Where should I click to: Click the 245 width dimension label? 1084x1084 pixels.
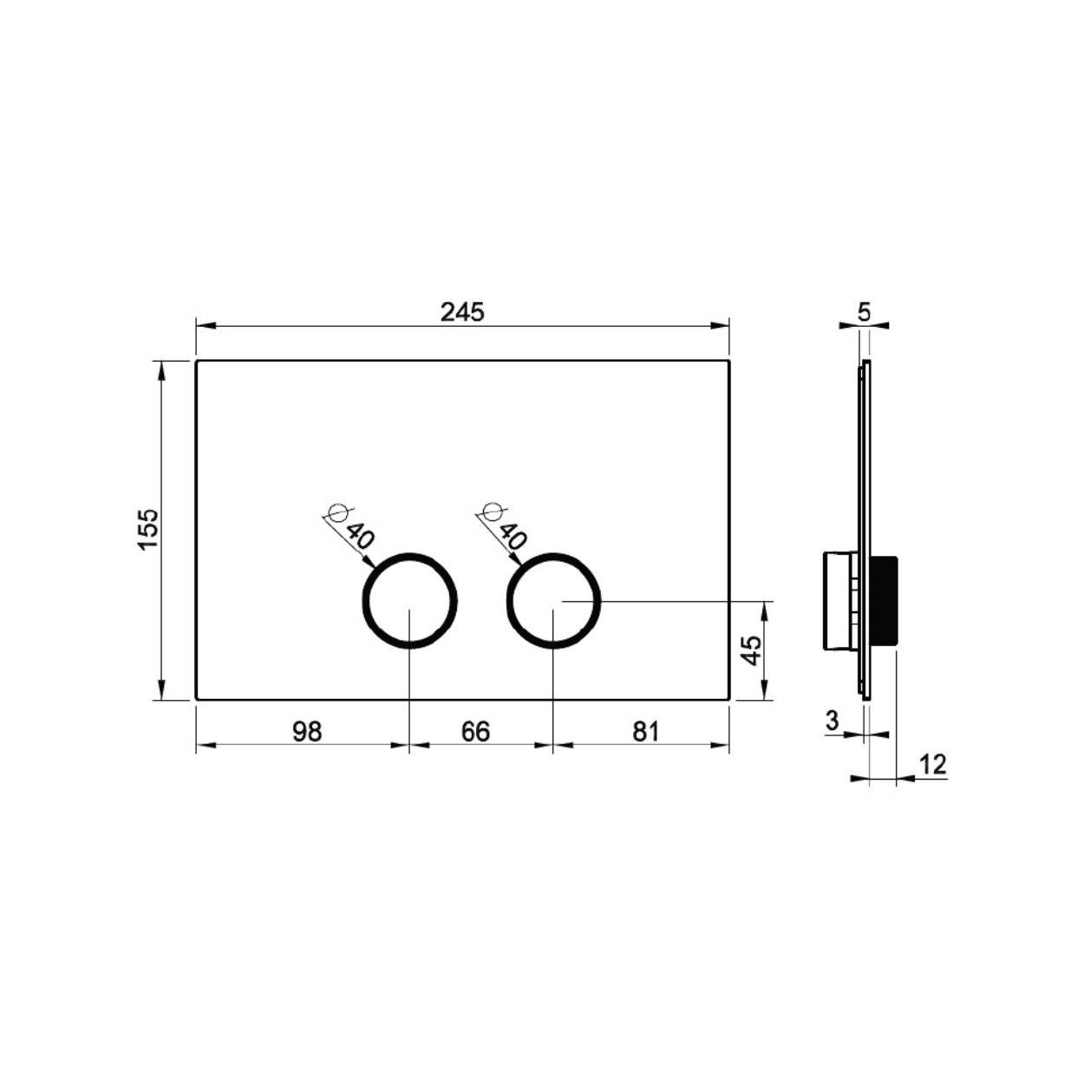[x=462, y=311]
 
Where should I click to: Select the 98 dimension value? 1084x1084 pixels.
[x=307, y=731]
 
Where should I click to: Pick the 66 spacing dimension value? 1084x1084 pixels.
[x=475, y=731]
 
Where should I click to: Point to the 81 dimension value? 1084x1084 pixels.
[x=645, y=731]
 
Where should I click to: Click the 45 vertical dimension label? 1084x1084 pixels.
[x=752, y=650]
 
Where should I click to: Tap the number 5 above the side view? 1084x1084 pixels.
[x=864, y=312]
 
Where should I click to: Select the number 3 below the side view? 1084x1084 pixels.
[x=832, y=720]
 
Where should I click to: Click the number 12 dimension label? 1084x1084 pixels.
[x=933, y=765]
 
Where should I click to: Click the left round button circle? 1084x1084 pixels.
[x=409, y=555]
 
